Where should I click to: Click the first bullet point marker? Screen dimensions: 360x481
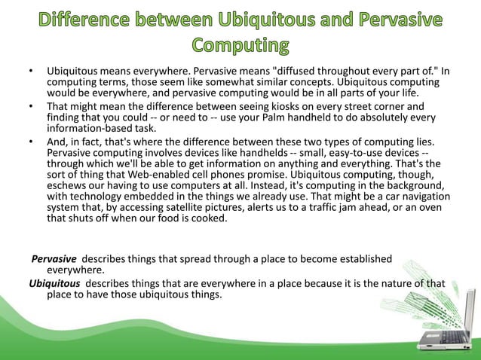(x=30, y=72)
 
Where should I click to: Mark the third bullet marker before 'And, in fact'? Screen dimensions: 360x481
(x=30, y=140)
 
